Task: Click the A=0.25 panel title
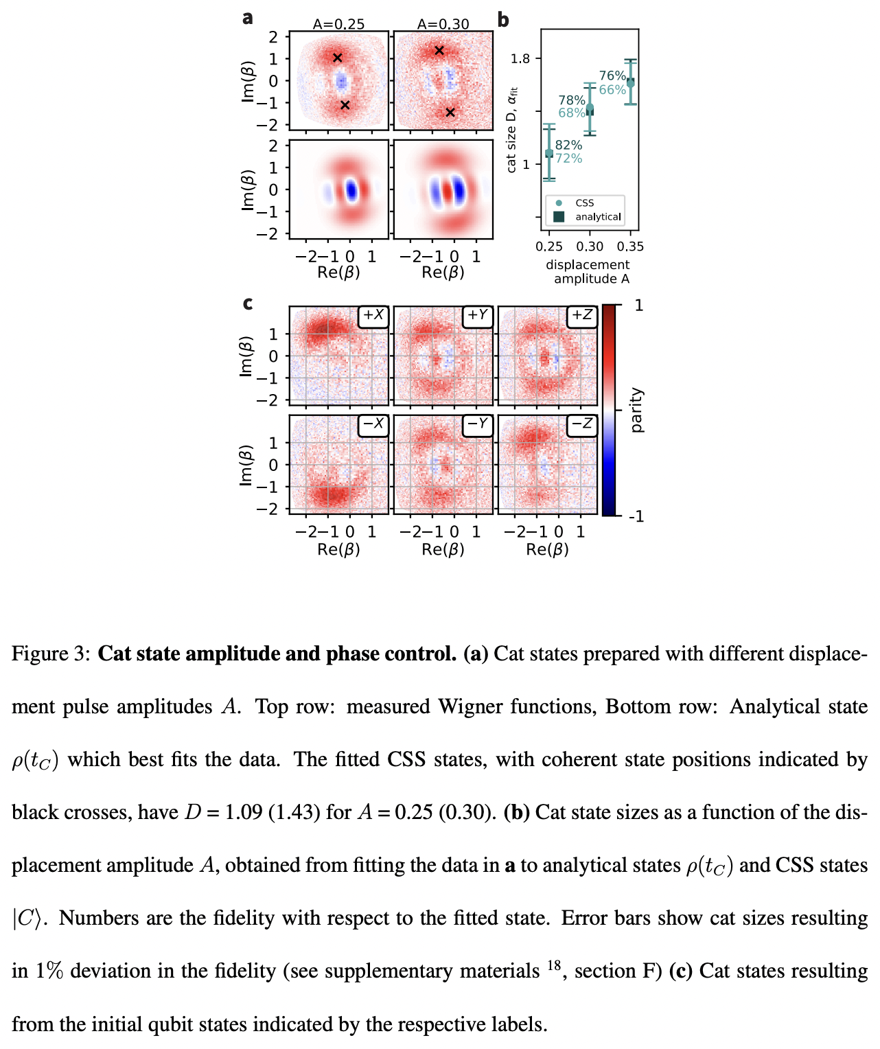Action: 338,24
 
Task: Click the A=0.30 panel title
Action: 443,24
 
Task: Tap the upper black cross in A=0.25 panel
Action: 337,58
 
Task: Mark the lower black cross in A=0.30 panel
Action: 450,112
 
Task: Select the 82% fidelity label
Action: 568,145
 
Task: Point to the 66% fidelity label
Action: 612,90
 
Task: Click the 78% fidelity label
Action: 571,100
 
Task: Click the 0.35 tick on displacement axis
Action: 630,246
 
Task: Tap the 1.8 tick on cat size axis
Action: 520,59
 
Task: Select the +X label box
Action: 373,315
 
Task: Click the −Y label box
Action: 478,424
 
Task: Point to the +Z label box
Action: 582,315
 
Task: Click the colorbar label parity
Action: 636,410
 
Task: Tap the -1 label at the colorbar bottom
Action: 636,516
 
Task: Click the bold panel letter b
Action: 503,20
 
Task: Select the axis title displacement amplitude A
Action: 588,272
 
